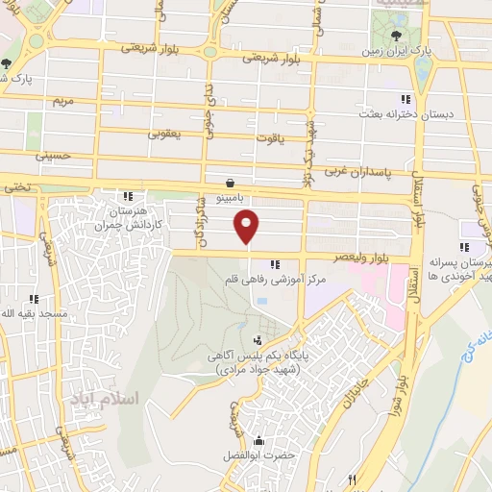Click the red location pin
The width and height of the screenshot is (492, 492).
click(248, 228)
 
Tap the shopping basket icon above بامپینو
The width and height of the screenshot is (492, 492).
click(231, 182)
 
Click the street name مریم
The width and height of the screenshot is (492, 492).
click(62, 100)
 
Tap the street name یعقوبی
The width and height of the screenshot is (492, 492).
click(165, 134)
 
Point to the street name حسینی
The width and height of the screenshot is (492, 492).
click(54, 154)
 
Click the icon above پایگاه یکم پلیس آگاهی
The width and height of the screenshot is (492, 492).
click(258, 339)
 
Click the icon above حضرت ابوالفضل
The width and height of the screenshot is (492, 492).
click(257, 440)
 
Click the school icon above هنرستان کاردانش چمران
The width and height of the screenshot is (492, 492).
click(128, 196)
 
